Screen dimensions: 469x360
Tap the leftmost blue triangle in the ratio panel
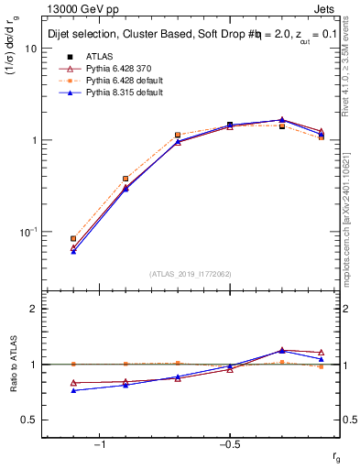click(73, 390)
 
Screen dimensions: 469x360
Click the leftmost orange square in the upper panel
click(73, 238)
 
